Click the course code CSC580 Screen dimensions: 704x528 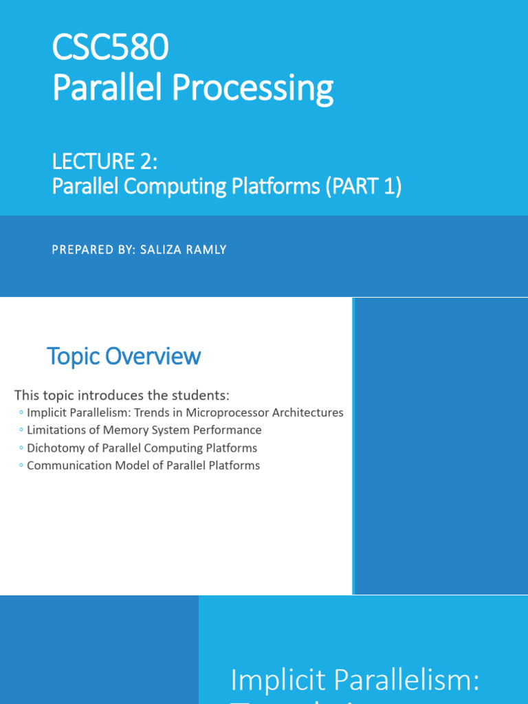pyautogui.click(x=110, y=49)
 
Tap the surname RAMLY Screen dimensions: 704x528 pyautogui.click(x=204, y=250)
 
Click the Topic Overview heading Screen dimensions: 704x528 pyautogui.click(x=124, y=356)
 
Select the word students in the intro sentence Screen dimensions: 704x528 pyautogui.click(x=199, y=395)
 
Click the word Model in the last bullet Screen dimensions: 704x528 pyautogui.click(x=118, y=465)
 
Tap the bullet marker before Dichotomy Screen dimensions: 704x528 pyautogui.click(x=21, y=448)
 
